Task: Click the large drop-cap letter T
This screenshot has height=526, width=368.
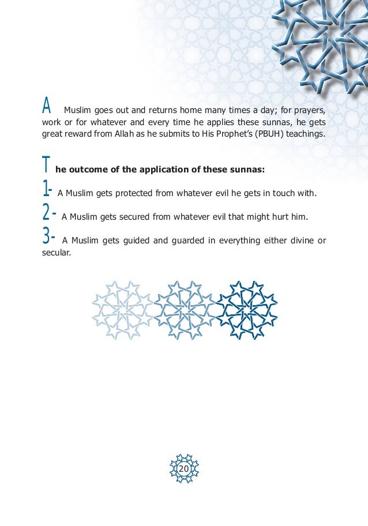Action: tap(46, 166)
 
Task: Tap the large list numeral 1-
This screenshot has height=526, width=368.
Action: tap(48, 189)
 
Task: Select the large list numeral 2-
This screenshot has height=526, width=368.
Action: tap(49, 213)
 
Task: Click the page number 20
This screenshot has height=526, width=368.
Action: tap(184, 469)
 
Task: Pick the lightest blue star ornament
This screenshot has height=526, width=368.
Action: tap(122, 310)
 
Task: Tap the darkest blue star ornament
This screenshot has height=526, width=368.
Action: tap(247, 310)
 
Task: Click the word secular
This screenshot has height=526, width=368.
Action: tap(57, 252)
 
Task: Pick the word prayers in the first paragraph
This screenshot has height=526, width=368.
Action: tap(310, 110)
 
